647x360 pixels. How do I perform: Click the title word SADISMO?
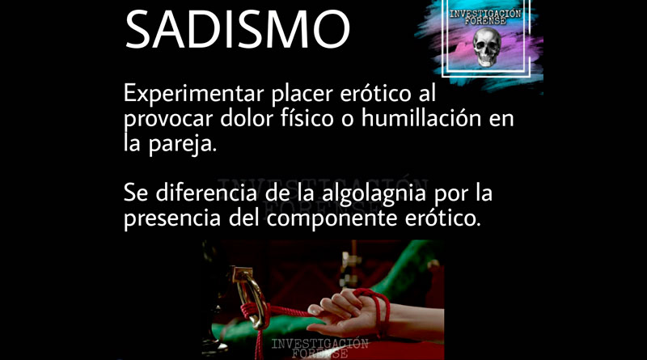[238, 30]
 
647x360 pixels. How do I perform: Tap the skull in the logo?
[487, 47]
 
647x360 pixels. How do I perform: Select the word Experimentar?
[194, 95]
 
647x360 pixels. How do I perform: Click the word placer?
[302, 95]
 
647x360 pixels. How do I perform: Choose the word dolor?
[247, 118]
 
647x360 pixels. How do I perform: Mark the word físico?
[307, 118]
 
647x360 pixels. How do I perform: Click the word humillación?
[421, 118]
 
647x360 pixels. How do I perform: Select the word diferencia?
[206, 193]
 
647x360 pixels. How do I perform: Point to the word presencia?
[172, 218]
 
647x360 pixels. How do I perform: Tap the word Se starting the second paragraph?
[136, 193]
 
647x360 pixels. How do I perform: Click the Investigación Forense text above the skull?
[485, 17]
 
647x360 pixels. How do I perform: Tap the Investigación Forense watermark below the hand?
[319, 349]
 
